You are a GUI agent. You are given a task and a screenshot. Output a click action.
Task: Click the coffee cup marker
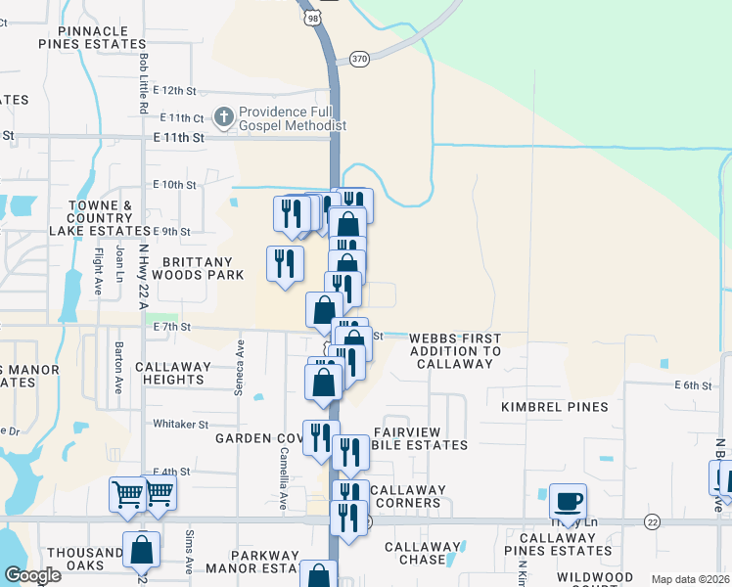click(568, 502)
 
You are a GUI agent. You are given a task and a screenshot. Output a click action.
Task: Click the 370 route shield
click(359, 59)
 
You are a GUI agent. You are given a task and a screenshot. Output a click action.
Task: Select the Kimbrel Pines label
click(554, 406)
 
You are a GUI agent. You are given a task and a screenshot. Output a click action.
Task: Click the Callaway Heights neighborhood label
click(173, 373)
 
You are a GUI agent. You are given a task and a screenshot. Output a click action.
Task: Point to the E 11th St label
click(178, 138)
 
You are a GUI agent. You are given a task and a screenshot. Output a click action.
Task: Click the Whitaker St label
click(181, 424)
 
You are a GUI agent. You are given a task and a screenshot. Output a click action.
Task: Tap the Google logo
click(32, 575)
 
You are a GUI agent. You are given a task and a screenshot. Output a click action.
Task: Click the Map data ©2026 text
click(689, 579)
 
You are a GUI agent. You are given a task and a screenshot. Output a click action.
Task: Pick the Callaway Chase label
click(415, 553)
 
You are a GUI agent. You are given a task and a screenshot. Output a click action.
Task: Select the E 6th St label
click(692, 385)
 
